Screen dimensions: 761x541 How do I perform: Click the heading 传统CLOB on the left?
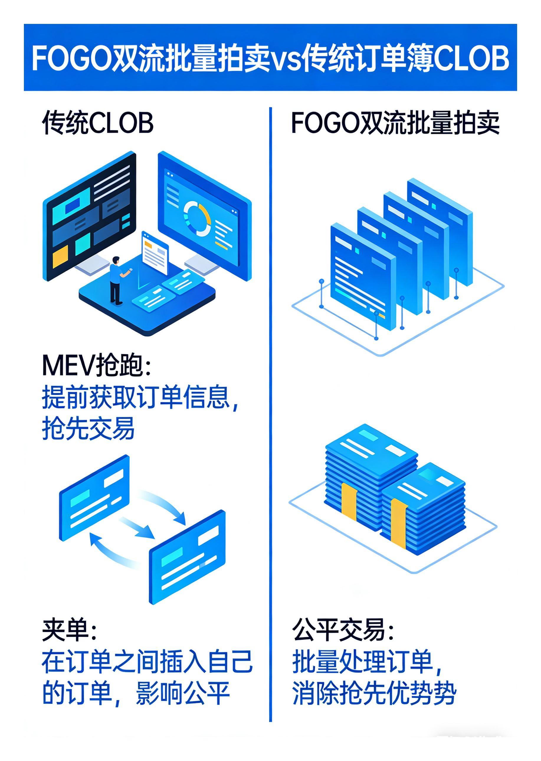pos(98,123)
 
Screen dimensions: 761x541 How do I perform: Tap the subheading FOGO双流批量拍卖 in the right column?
pos(395,123)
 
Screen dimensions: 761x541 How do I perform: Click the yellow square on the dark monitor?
pos(60,256)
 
